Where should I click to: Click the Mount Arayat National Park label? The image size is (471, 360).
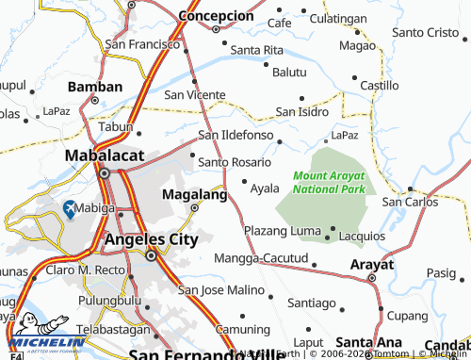point(327,182)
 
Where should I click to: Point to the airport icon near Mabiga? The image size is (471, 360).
point(70,208)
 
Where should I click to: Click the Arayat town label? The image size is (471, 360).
point(371,265)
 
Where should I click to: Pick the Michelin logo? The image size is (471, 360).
point(37,338)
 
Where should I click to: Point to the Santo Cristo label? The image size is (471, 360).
point(429,32)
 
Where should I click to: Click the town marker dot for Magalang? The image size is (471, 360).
point(195,207)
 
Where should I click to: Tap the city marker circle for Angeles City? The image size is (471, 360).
point(151,255)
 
